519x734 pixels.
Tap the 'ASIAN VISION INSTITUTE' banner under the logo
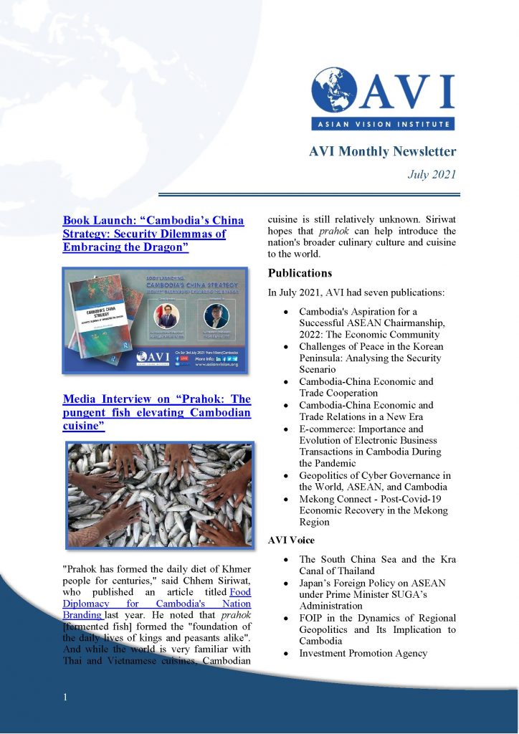382,124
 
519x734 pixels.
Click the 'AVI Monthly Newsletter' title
382,151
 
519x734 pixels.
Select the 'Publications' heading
300,273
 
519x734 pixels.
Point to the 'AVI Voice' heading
292,540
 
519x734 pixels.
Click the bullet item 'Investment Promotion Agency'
363,653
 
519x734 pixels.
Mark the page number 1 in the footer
65,697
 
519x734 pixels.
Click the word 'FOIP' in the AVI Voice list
313,618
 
